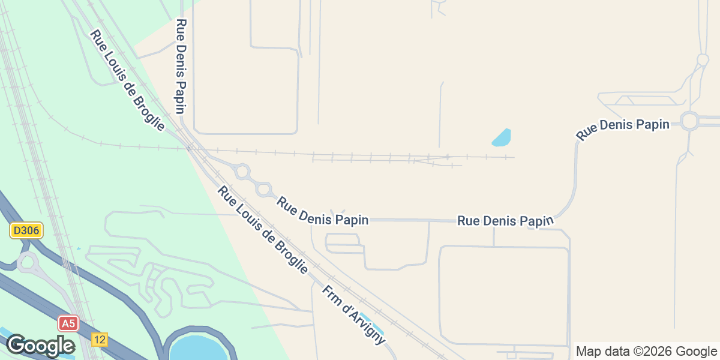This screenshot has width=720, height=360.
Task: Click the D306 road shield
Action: coord(26,230)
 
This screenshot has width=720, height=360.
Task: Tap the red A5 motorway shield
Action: coord(68,324)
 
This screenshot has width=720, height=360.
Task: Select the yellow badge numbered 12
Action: coord(100,340)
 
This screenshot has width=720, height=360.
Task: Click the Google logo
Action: coord(40,346)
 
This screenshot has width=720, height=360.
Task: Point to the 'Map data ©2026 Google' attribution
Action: coord(646,351)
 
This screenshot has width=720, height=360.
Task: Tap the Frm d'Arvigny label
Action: coord(353,314)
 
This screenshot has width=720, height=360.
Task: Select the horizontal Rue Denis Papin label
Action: coord(505,221)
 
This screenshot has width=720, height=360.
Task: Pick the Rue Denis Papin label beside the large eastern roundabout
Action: coord(622,129)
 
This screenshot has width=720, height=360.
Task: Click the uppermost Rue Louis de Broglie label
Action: coord(127,80)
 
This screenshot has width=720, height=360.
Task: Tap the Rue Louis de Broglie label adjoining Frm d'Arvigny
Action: coord(263,230)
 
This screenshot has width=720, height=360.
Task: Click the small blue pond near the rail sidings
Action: coord(502,138)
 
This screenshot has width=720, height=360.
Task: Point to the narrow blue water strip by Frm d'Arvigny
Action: coord(372,323)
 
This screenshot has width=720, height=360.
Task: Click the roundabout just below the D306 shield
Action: coord(27,262)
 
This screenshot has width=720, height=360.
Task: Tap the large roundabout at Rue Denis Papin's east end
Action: coord(690,122)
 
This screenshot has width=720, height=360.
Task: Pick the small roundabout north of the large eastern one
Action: coord(703,60)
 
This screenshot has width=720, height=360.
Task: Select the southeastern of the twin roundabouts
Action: coord(263,190)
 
